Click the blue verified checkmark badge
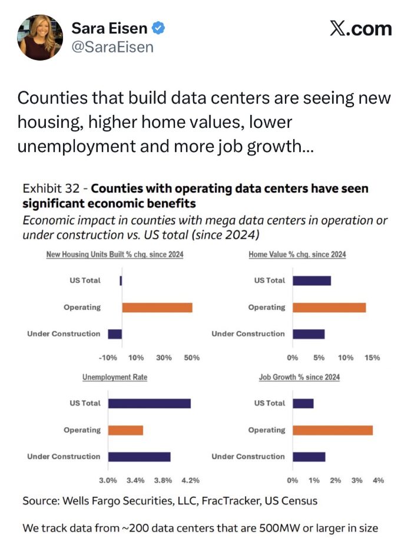(158, 28)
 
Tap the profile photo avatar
(40, 37)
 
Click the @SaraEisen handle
(112, 47)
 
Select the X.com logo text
(361, 29)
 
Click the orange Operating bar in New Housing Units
(157, 308)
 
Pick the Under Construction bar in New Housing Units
(115, 334)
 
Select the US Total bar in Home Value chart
(312, 280)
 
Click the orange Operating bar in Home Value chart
(329, 308)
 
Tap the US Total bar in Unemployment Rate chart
(150, 403)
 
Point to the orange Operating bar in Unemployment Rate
(125, 430)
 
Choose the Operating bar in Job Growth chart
(333, 430)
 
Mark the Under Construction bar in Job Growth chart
(309, 457)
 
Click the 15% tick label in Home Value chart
(372, 358)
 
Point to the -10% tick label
(108, 358)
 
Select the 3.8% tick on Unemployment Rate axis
(163, 480)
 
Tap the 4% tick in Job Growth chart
(379, 480)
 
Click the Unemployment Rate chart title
(115, 377)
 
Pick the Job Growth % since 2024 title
(299, 377)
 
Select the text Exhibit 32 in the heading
(51, 189)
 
